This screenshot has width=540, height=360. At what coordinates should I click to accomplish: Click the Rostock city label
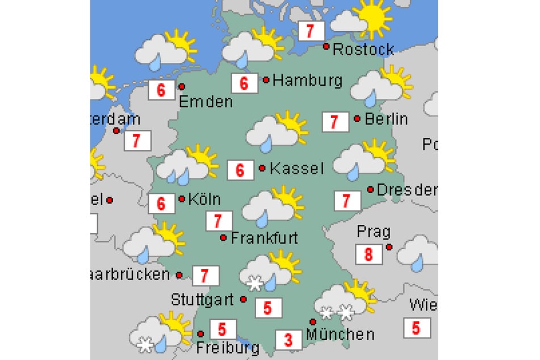[x=363, y=49]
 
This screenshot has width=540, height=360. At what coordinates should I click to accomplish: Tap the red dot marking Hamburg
[x=266, y=80]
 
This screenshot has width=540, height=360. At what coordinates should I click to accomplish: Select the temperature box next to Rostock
[x=310, y=31]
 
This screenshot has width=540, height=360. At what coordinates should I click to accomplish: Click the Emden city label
[x=206, y=102]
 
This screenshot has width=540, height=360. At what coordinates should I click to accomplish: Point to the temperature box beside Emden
[x=161, y=90]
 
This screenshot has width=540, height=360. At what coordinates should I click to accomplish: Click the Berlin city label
[x=386, y=119]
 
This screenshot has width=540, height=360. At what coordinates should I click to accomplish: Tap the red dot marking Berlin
[x=357, y=119]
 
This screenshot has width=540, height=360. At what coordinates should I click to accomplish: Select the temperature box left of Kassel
[x=240, y=170]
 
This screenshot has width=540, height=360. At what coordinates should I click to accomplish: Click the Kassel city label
[x=296, y=169]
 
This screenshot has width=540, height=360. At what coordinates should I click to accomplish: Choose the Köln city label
[x=204, y=200]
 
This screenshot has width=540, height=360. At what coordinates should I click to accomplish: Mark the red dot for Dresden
[x=370, y=189]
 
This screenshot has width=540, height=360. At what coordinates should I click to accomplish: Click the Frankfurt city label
[x=264, y=238]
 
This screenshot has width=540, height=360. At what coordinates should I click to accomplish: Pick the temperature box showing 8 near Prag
[x=369, y=254]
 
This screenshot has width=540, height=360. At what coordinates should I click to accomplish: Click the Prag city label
[x=374, y=232]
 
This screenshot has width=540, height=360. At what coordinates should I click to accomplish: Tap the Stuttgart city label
[x=203, y=300]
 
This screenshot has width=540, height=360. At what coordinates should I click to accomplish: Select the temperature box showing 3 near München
[x=288, y=340]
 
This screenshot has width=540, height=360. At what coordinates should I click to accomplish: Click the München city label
[x=340, y=334]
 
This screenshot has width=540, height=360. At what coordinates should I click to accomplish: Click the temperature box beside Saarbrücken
[x=205, y=277]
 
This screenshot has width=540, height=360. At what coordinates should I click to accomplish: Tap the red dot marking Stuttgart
[x=243, y=299]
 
